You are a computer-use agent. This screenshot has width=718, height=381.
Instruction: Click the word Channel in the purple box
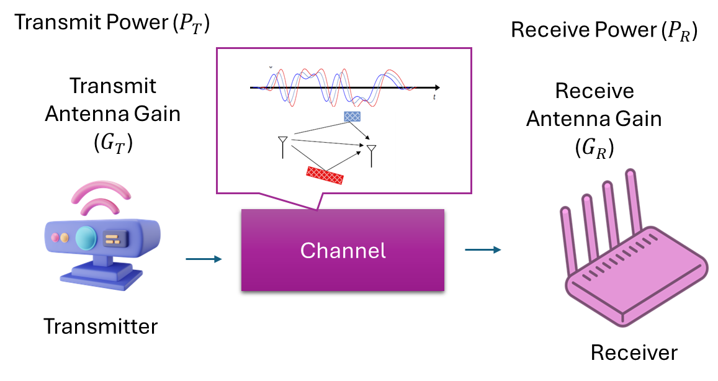(x=343, y=251)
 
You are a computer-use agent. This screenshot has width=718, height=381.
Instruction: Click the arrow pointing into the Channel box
(x=204, y=259)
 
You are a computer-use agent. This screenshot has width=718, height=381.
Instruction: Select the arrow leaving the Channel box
(x=483, y=249)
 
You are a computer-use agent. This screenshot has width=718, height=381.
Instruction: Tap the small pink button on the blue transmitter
(x=55, y=238)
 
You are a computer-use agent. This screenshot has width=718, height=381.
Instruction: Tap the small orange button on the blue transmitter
(x=65, y=238)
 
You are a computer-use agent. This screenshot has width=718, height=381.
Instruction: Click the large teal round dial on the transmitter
(x=86, y=237)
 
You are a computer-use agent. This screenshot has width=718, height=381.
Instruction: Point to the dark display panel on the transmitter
(x=115, y=238)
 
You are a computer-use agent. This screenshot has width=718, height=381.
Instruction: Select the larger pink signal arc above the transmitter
(x=101, y=187)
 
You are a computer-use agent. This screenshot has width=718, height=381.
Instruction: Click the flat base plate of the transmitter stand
(x=101, y=280)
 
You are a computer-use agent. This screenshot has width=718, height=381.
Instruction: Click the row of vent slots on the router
(x=614, y=261)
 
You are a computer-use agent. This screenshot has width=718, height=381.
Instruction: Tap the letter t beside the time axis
(x=434, y=97)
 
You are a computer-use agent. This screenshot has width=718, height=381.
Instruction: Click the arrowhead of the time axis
(x=438, y=87)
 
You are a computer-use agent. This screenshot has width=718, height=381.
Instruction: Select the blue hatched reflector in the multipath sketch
(x=352, y=116)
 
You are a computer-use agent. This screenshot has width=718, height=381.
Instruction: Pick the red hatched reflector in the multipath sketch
(x=325, y=176)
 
